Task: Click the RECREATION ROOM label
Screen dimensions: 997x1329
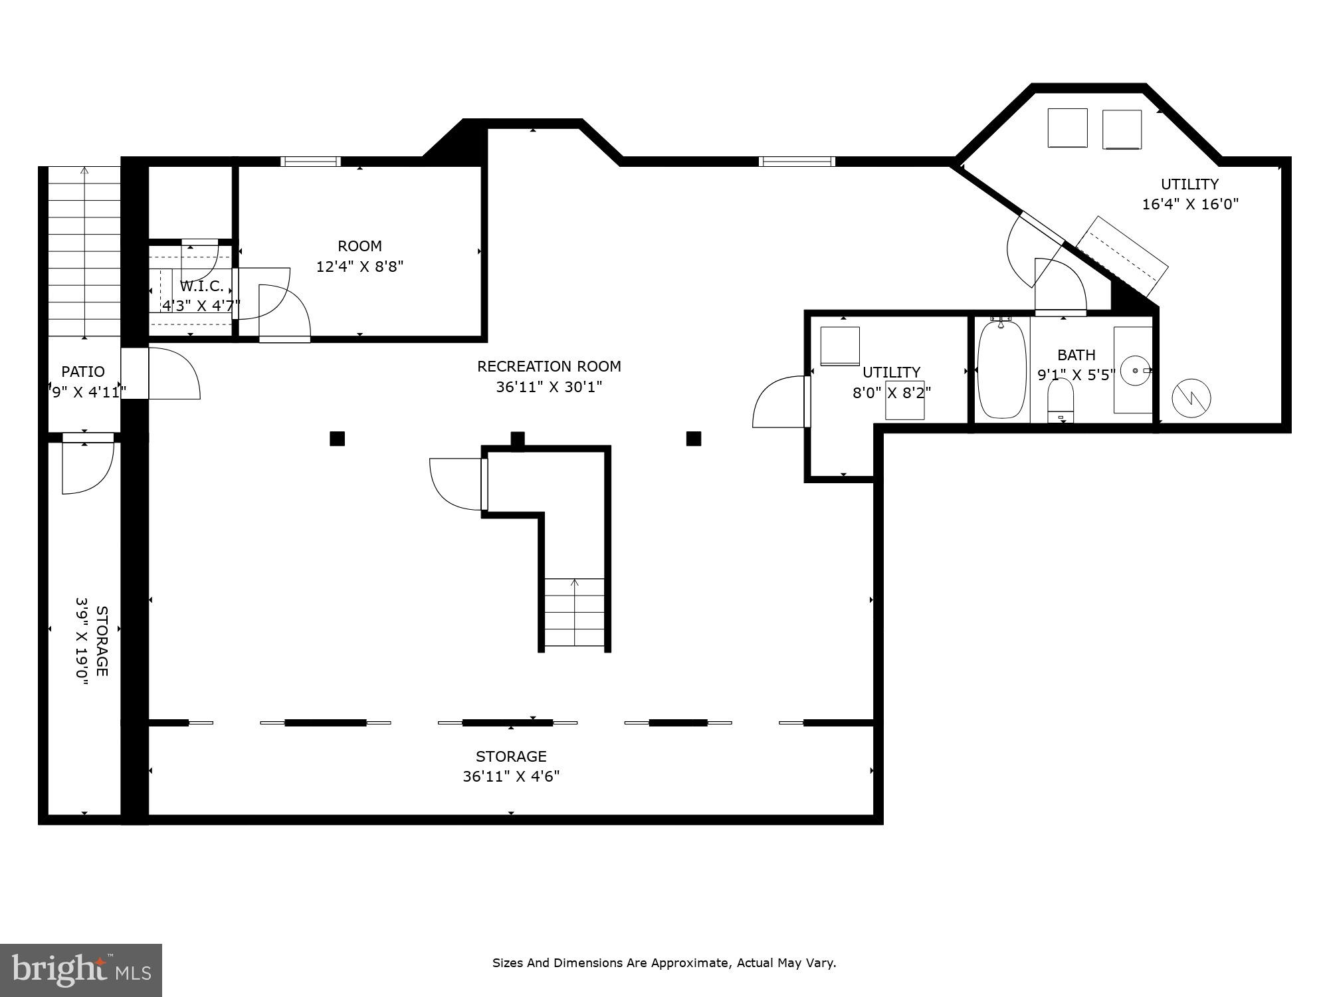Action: coord(549,366)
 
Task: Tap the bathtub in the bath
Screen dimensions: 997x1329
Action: coord(1001,370)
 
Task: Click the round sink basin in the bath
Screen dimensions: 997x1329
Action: coord(1135,370)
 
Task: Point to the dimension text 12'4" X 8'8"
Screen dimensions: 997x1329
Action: coord(359,267)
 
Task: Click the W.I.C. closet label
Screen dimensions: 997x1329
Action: coord(201,286)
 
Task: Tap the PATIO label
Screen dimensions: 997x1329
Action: coord(83,372)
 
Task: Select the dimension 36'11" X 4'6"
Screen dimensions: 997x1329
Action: coord(511,776)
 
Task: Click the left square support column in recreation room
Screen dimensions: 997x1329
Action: coord(337,439)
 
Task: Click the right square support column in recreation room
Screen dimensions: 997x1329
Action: coord(693,439)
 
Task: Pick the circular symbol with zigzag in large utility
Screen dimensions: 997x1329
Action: coord(1191,398)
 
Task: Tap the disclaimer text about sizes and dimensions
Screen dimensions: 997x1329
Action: coord(664,962)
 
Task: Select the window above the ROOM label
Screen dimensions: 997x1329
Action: coord(310,162)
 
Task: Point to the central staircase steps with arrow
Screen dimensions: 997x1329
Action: coord(575,611)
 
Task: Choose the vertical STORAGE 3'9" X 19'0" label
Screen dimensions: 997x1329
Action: coord(92,641)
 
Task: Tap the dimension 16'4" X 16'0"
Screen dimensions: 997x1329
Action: coord(1189,204)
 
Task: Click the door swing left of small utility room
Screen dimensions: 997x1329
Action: coord(779,403)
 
